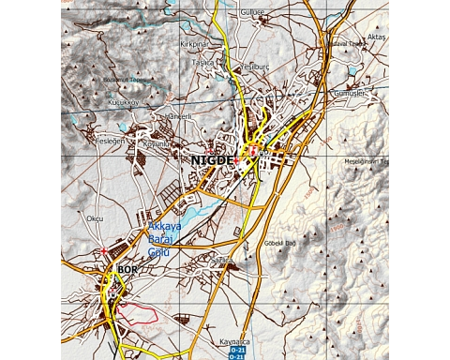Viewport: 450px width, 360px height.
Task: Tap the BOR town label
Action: pos(127,270)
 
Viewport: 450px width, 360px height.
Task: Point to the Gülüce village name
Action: pos(253,13)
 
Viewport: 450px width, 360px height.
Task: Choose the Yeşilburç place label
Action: pos(255,67)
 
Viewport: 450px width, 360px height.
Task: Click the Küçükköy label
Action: pos(123,101)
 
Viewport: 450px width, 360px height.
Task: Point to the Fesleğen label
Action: pos(110,140)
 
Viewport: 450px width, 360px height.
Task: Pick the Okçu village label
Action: pos(94,218)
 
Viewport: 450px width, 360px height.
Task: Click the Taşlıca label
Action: pos(203,62)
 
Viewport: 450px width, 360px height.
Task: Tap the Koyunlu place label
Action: pos(155,144)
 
